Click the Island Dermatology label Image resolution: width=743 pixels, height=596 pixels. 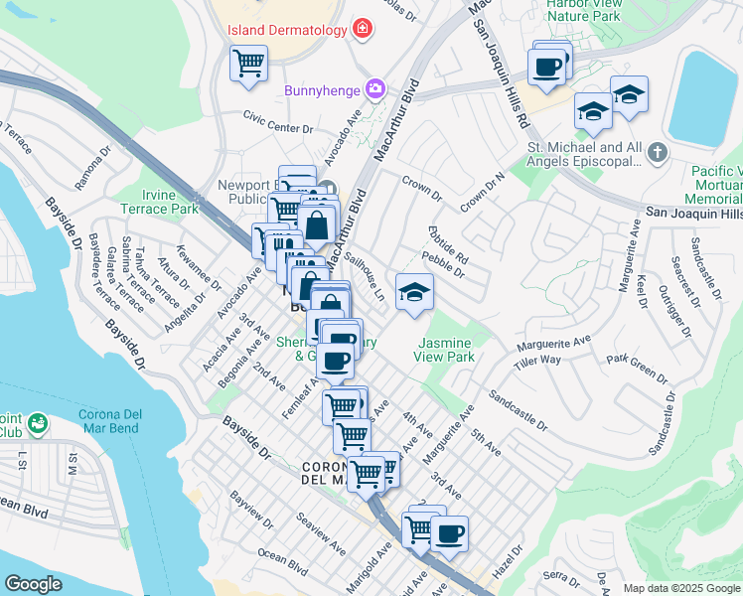coord(287,29)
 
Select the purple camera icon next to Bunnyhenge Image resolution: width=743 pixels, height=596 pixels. coord(375,90)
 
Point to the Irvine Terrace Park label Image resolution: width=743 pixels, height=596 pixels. coord(160,202)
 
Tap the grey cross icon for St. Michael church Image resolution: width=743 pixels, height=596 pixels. coord(655,153)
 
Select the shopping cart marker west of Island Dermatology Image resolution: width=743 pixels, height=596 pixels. coord(248,64)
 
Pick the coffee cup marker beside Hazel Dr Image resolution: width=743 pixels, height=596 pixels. coord(449,534)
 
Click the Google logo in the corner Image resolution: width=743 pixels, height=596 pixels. coord(34,584)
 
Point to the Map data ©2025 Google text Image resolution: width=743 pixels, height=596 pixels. coord(682,588)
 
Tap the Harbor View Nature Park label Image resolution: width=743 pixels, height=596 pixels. coord(584,9)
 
